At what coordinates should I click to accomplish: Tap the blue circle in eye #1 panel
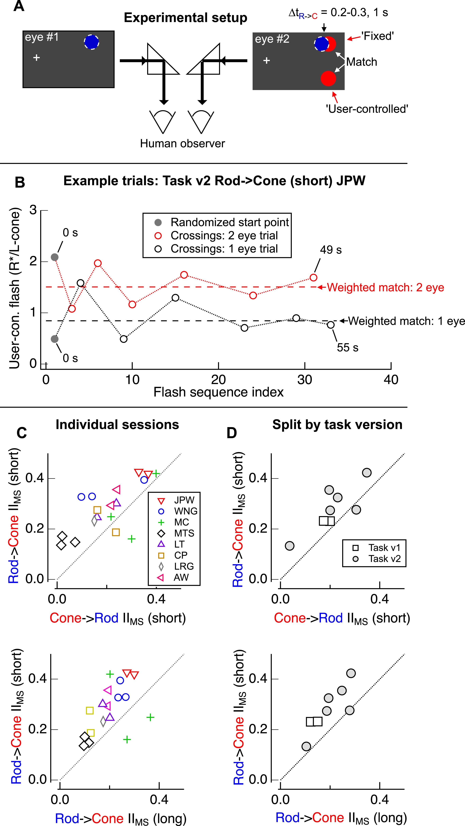coord(92,42)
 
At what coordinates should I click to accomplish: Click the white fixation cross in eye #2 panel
coord(266,61)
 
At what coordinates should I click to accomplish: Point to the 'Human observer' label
coord(183,143)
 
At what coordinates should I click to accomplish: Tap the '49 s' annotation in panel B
coord(331,250)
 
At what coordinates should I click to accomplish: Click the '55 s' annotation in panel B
coord(347,348)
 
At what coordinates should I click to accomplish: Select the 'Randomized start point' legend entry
coord(230,222)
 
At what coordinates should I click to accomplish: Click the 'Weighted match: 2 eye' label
coord(385,287)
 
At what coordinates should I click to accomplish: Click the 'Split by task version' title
coord(337,425)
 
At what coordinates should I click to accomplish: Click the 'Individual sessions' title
coord(117,425)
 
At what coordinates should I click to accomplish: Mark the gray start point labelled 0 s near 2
coord(55,257)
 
